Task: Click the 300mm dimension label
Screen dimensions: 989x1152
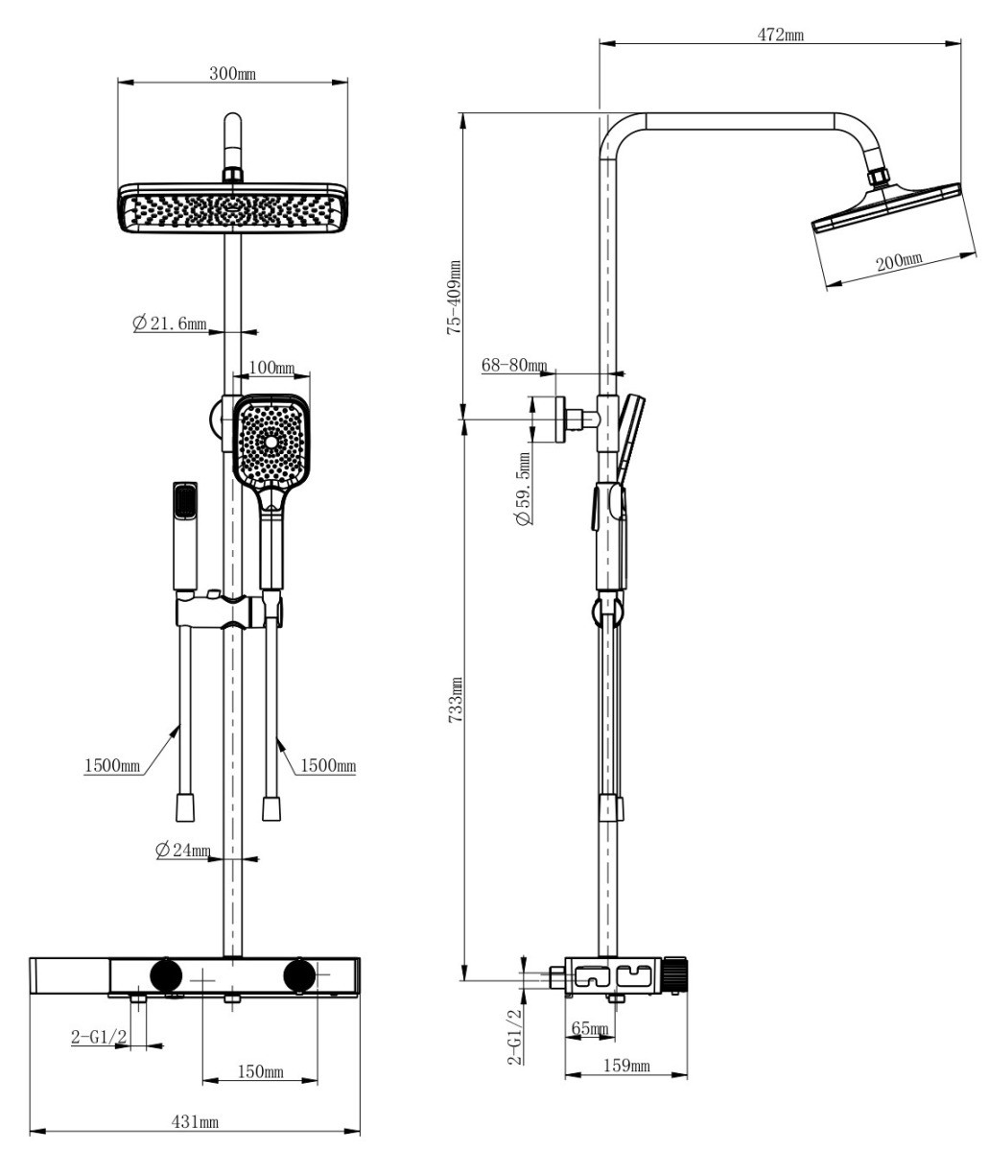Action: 232,73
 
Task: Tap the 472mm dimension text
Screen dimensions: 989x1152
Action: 780,35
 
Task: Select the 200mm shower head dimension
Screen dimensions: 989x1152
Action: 899,261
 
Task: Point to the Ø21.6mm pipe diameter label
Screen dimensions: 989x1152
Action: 169,323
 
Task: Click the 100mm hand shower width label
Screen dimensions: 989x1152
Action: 271,368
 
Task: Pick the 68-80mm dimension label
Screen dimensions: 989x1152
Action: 514,365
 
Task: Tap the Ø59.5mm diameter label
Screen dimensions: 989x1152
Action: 523,489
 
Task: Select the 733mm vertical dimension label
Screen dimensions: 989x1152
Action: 455,700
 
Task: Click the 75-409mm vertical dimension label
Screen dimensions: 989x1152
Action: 454,298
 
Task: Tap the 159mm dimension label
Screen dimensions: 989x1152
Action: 626,1066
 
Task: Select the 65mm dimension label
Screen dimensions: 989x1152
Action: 590,1028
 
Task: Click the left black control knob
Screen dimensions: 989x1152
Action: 166,975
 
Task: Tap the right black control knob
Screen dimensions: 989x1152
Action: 299,976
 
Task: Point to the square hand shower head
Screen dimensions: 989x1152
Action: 271,441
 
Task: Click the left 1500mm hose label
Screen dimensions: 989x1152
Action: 112,765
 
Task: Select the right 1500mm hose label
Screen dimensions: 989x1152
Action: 328,765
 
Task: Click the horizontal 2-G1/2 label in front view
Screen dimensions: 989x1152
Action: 99,1036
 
